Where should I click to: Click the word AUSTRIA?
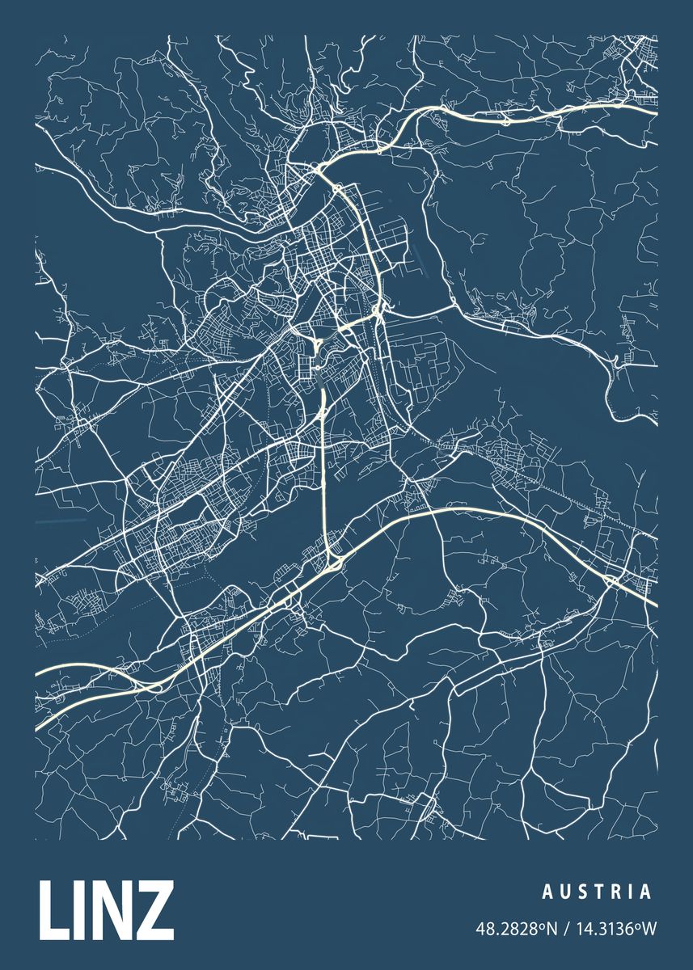[597, 892]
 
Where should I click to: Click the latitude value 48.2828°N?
[517, 930]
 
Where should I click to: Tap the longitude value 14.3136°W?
[615, 930]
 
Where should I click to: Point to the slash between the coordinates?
[567, 930]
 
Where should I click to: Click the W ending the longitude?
[649, 930]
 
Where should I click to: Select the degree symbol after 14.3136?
[638, 926]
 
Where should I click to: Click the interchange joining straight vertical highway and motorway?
[332, 558]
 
